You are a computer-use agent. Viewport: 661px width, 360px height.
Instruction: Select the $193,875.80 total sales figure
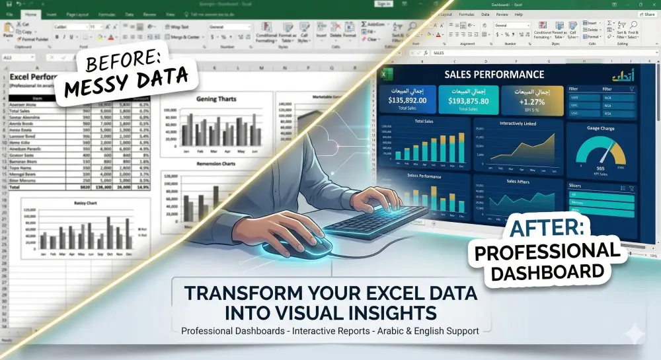point(468,100)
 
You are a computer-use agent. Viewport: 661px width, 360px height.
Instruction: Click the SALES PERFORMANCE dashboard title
point(494,75)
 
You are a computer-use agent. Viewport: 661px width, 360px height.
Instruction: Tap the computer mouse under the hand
point(306,246)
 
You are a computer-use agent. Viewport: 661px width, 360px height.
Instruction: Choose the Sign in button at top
point(383,3)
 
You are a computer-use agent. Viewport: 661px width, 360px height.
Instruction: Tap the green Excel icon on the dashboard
point(383,75)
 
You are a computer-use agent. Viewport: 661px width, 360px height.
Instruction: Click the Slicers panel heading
point(575,186)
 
